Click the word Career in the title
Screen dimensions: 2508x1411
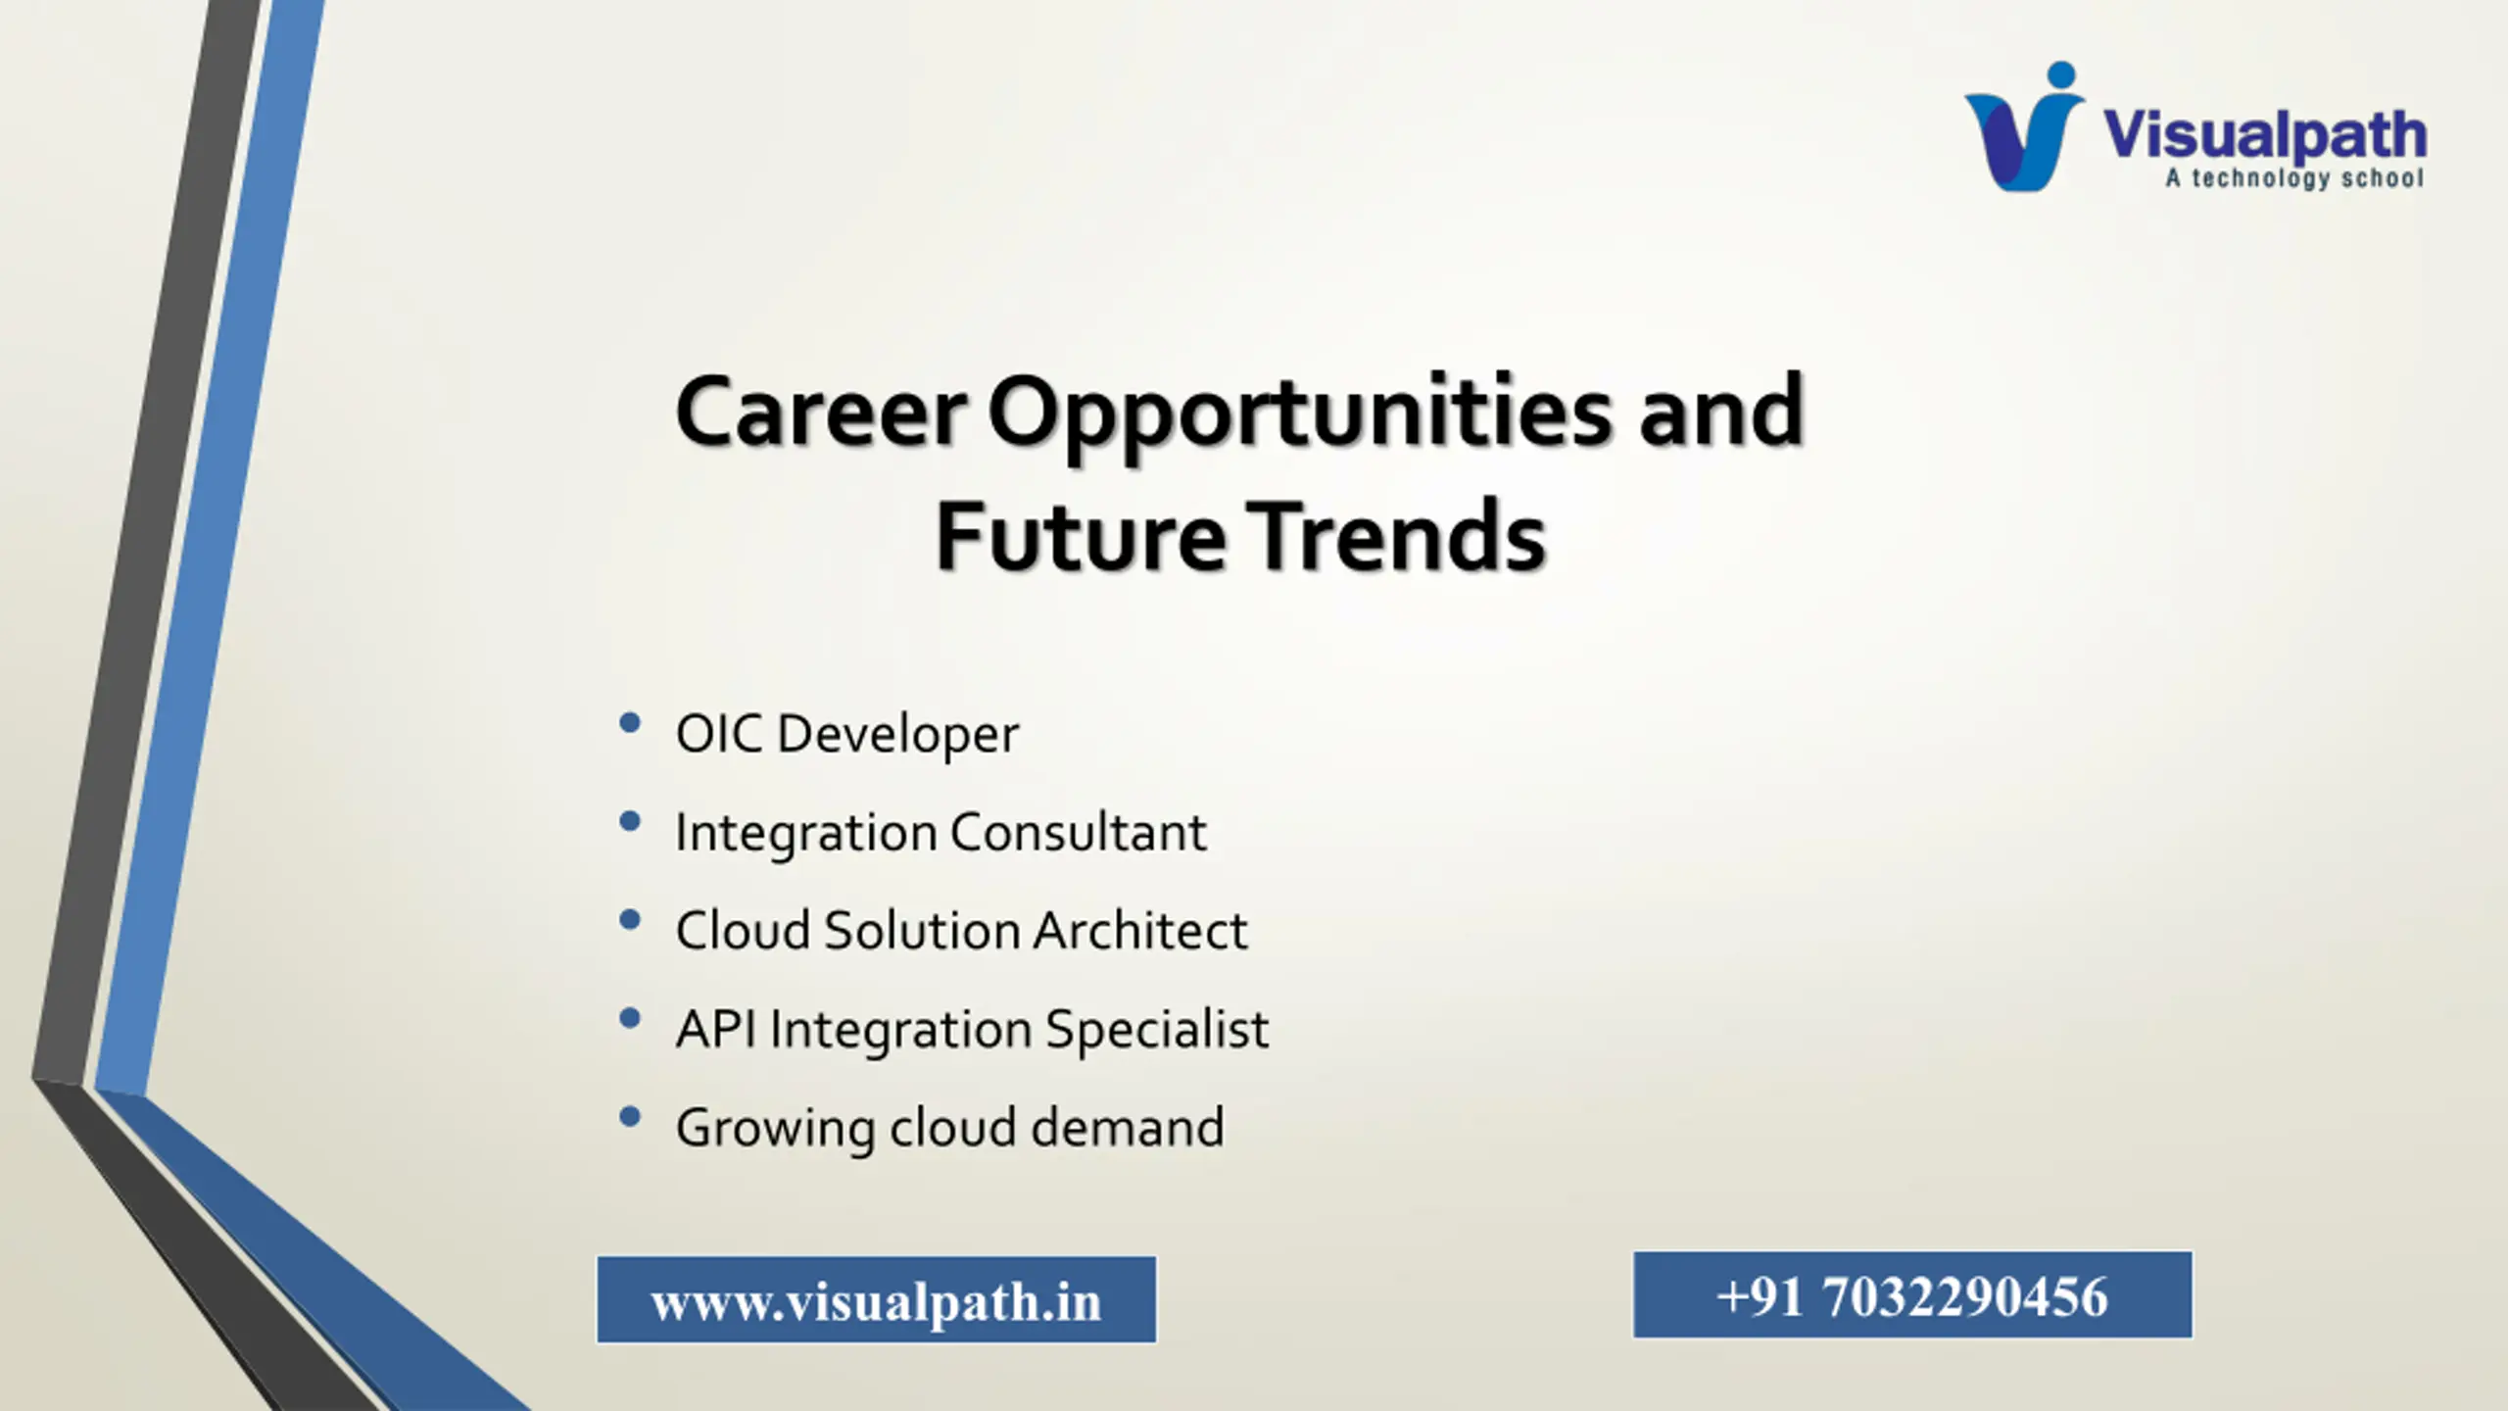[821, 412]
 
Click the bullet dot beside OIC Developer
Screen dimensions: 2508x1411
[630, 724]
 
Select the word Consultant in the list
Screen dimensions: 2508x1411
[1078, 832]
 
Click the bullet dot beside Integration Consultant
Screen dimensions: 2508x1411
[630, 822]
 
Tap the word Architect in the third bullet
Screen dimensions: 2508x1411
[1140, 930]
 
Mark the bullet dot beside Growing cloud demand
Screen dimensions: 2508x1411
[630, 1116]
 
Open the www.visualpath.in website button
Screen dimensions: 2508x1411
[877, 1299]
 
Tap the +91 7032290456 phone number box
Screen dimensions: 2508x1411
[1912, 1294]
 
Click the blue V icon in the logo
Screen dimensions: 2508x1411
[2023, 127]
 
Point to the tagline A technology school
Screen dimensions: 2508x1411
[2294, 178]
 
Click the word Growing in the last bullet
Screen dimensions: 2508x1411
[775, 1129]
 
